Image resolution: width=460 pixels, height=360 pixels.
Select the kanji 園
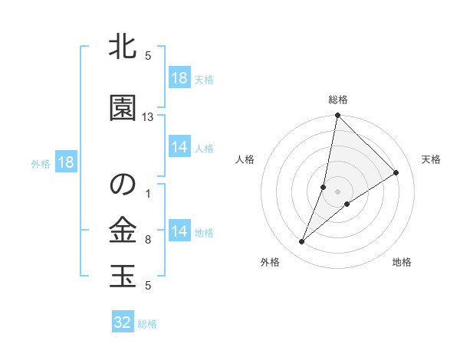pos(123,107)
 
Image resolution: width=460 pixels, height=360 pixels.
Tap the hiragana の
pos(123,184)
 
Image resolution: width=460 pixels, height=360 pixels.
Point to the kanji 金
pos(123,230)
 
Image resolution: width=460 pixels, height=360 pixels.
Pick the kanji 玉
pos(123,275)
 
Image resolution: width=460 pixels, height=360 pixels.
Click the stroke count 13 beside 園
pos(148,117)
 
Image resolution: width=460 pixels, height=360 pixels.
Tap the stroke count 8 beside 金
pos(148,240)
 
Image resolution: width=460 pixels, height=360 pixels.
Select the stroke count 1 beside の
pos(148,194)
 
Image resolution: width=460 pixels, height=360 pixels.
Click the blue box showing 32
pos(123,322)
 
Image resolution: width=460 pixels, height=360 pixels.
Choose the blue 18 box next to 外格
pos(65,162)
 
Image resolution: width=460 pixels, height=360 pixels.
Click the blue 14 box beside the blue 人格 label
pos(179,148)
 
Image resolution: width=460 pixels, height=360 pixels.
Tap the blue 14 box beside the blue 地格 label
pos(179,232)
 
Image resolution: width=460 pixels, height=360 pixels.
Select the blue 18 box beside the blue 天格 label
pos(179,78)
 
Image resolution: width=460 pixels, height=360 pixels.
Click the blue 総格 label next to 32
pos(147,324)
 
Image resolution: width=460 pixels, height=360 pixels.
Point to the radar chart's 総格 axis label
pos(338,100)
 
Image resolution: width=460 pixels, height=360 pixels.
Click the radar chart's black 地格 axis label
pos(402,263)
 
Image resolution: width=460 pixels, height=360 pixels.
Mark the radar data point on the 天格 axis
pos(396,173)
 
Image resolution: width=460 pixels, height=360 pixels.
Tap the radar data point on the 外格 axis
pos(302,242)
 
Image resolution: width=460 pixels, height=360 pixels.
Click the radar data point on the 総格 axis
pos(337,116)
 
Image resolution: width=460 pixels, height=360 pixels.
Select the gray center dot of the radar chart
pos(337,191)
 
